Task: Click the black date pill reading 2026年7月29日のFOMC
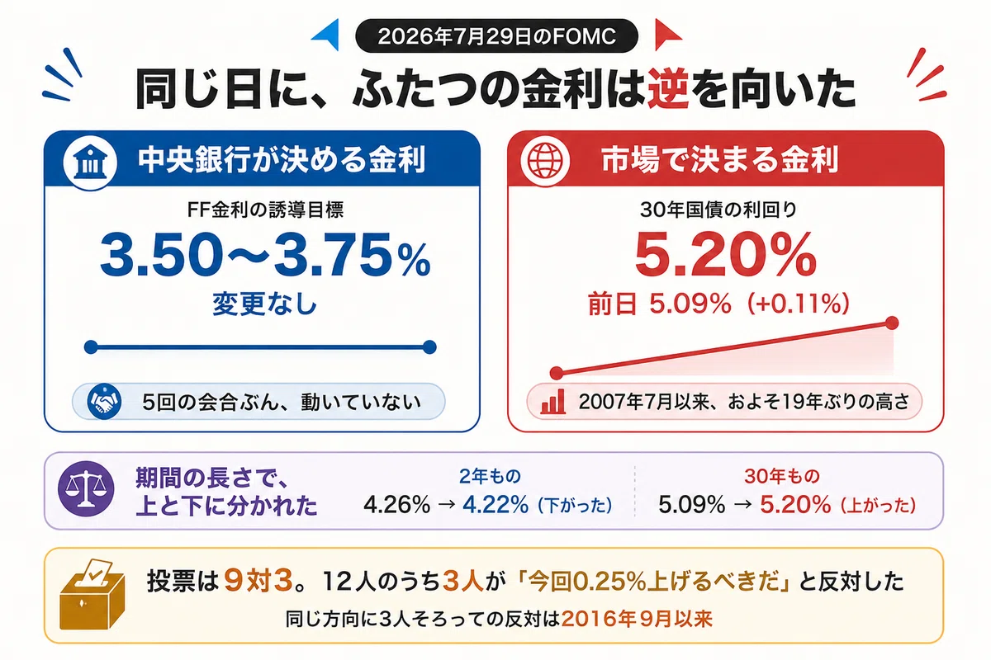coord(496,35)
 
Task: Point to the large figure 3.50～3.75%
coord(265,255)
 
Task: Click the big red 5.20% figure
coord(726,255)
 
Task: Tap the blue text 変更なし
coord(264,304)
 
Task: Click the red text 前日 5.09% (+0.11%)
coord(718,304)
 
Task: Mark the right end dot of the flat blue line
coord(429,347)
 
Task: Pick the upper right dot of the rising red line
coord(892,323)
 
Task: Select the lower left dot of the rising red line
coord(557,373)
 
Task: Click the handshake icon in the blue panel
coord(104,402)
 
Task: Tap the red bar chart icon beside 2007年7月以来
coord(553,402)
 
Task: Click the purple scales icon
coord(86,489)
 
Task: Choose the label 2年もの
coord(490,476)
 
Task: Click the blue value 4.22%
coord(495,504)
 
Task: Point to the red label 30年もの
coord(782,476)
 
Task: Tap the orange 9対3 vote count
coord(258,580)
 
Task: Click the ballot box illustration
coord(92,594)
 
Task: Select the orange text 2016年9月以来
coord(637,619)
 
